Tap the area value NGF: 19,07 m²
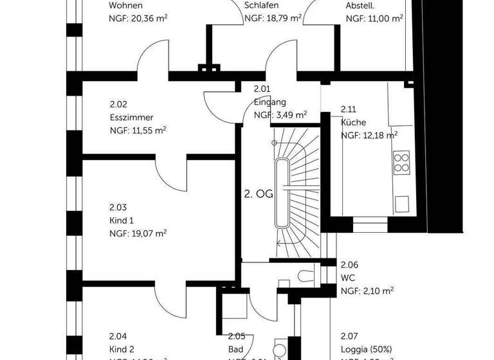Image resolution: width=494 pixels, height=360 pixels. click(x=138, y=233)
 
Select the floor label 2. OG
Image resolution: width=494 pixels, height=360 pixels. click(x=258, y=193)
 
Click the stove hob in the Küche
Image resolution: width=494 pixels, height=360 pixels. click(x=402, y=161)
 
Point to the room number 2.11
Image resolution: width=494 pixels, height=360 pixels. click(x=348, y=109)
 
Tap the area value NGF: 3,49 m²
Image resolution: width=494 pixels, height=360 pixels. click(x=280, y=115)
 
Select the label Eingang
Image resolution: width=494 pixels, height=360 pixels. click(x=270, y=102)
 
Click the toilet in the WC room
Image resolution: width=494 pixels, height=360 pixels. click(x=306, y=276)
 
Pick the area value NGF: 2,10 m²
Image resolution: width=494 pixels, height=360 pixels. click(x=367, y=291)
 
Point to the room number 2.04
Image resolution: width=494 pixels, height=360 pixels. click(x=118, y=336)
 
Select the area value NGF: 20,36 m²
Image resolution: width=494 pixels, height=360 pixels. click(x=138, y=19)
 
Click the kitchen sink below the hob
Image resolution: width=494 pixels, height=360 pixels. click(x=403, y=203)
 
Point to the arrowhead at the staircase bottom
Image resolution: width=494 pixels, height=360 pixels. click(x=278, y=244)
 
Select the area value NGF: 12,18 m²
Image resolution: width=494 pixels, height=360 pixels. click(x=369, y=135)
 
